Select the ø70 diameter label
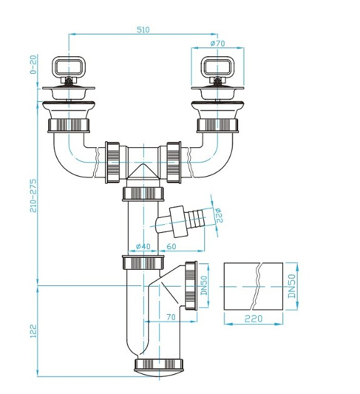217,43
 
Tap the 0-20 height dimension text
34,64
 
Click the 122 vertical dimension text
34,331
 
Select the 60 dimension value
172,247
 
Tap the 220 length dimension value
253,318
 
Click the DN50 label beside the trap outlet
203,285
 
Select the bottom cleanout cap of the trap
160,365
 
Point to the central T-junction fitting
144,162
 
